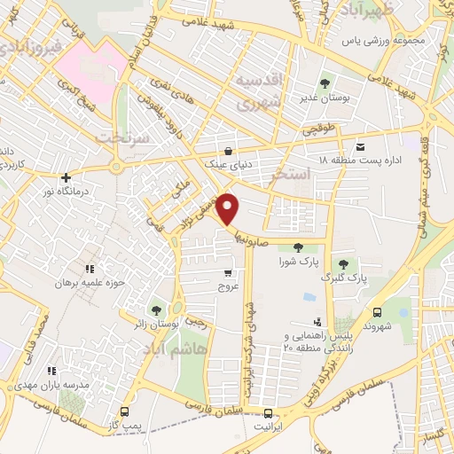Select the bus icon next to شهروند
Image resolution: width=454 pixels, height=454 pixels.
pos(379,312)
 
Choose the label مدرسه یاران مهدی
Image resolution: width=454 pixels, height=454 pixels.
pos(52,386)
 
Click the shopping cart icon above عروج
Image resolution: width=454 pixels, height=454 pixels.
pos(229,273)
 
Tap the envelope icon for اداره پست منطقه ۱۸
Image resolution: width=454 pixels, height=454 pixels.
pos(359,146)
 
